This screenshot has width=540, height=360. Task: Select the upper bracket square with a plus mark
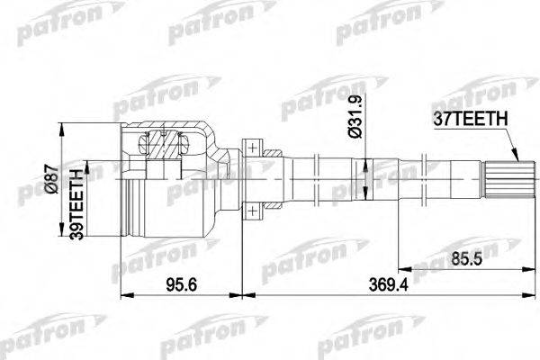(255, 147)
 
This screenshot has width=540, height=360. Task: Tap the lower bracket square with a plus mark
(255, 209)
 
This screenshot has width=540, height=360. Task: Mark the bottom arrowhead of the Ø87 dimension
(64, 232)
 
